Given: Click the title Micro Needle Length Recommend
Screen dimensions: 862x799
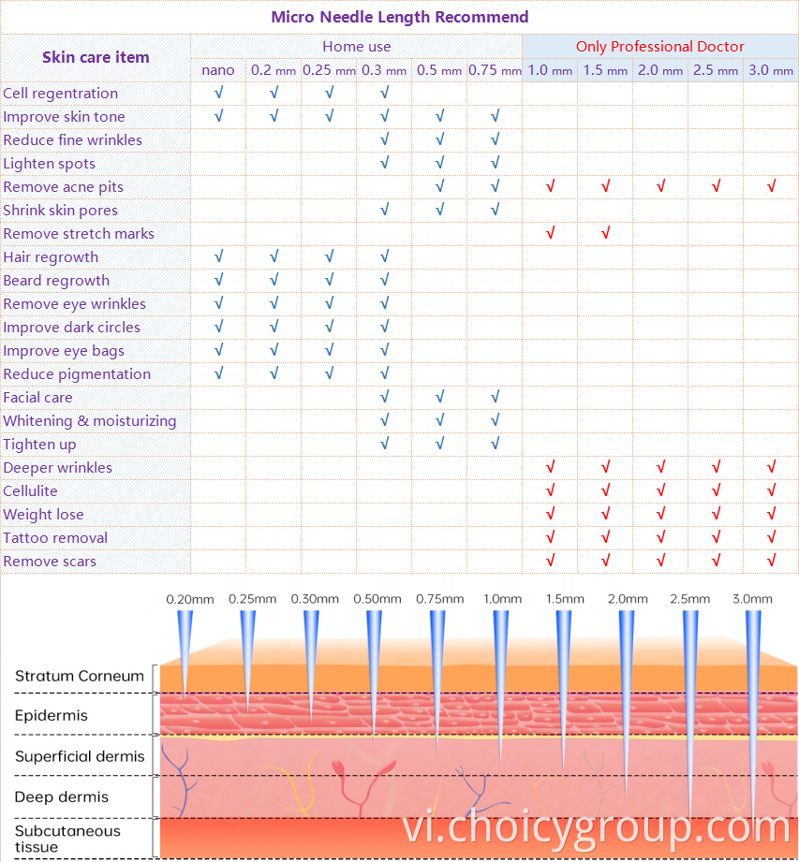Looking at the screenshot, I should point(399,17).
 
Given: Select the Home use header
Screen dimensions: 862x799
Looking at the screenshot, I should point(356,46).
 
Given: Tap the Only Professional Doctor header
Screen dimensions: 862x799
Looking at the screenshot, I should point(659,46).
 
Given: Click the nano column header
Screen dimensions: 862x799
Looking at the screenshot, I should point(218,70).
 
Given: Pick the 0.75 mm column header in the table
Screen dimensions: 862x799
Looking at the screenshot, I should point(495,70).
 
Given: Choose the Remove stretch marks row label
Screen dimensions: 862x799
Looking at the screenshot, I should point(79,233).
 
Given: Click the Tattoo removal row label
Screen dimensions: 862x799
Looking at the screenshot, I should point(55,537).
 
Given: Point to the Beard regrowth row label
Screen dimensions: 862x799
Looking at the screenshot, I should point(56,280).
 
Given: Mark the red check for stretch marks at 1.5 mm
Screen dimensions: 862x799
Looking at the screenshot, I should point(605,233).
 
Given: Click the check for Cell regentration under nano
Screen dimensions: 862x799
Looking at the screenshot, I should point(218,93).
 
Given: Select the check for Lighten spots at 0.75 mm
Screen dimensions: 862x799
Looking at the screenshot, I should point(495,163).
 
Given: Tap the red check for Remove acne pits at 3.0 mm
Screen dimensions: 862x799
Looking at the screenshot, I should point(771,186).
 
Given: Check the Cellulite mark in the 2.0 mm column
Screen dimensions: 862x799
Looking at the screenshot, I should point(660,490).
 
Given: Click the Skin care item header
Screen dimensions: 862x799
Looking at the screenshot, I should point(96,57).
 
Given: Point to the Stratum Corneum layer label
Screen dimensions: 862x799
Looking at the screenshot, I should point(80,676).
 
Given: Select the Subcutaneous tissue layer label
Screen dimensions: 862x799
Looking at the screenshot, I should point(67,839).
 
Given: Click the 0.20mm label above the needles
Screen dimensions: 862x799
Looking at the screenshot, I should point(190,599).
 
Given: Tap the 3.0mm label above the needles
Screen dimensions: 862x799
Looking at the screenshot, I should point(753,599).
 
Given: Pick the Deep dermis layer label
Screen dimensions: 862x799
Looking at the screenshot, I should point(62,796).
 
